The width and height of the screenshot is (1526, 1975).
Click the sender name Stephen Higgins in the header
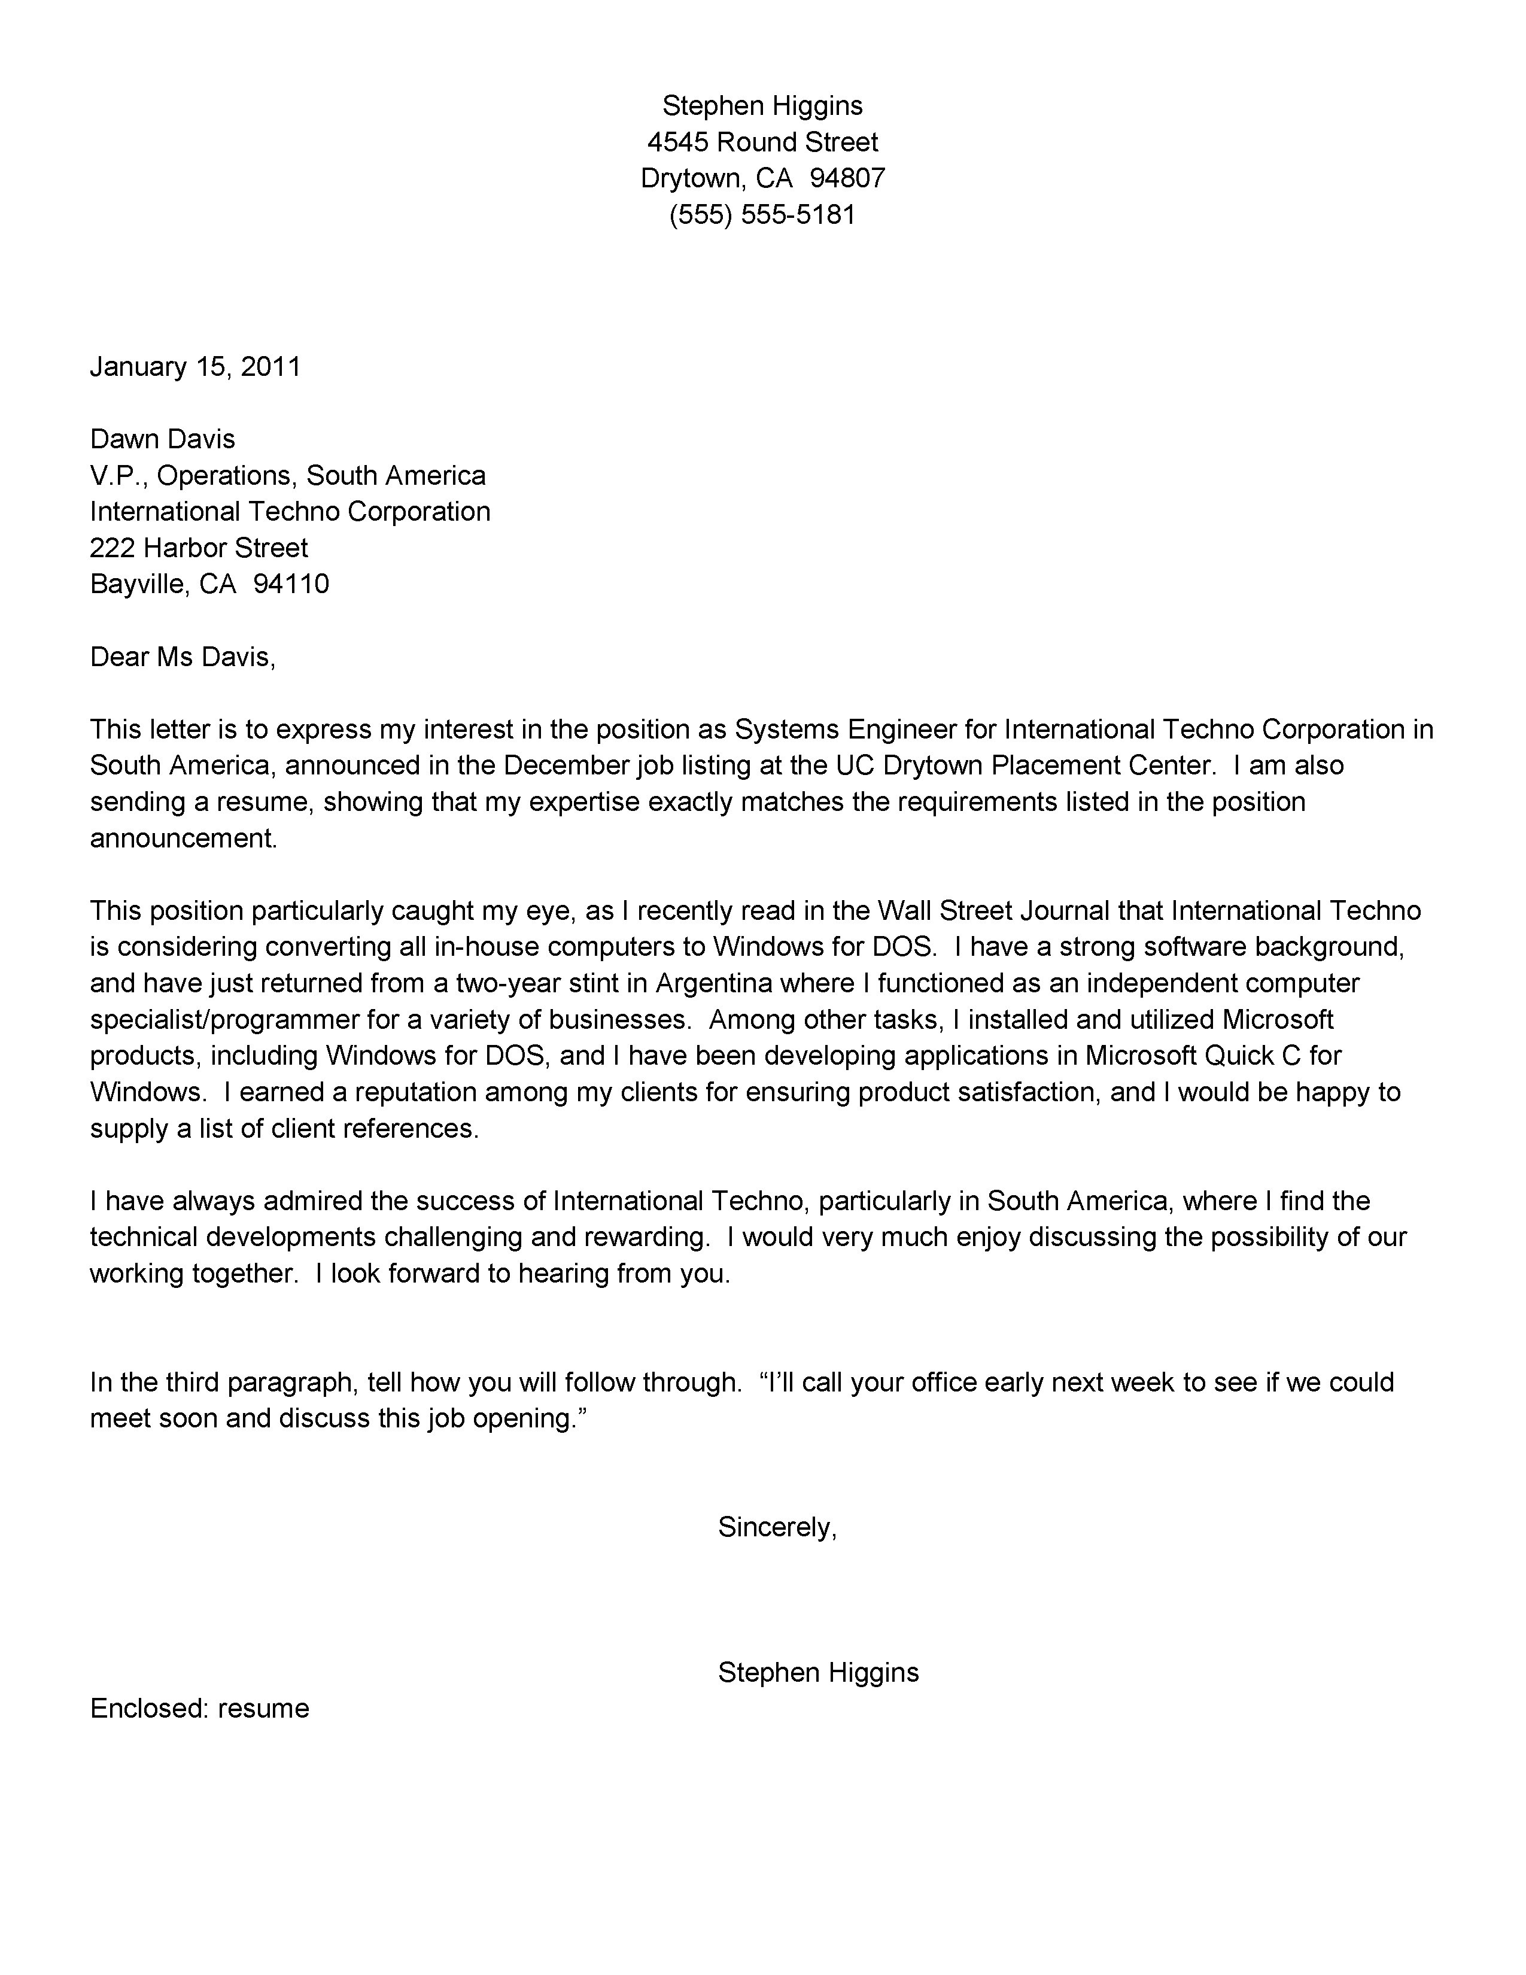[x=762, y=106]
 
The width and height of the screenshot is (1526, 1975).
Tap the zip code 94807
[x=847, y=178]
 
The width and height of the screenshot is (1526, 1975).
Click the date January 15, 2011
[x=195, y=366]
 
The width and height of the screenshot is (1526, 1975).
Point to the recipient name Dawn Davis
[x=163, y=439]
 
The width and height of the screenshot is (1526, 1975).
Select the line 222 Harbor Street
[x=199, y=548]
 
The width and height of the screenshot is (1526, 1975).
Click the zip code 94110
[x=291, y=584]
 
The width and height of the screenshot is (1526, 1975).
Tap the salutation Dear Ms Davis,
[x=183, y=657]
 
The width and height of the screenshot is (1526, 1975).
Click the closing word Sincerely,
[x=777, y=1527]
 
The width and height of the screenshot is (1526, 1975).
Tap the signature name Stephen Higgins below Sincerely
[x=818, y=1673]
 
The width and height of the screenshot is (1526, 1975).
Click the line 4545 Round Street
[x=762, y=142]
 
